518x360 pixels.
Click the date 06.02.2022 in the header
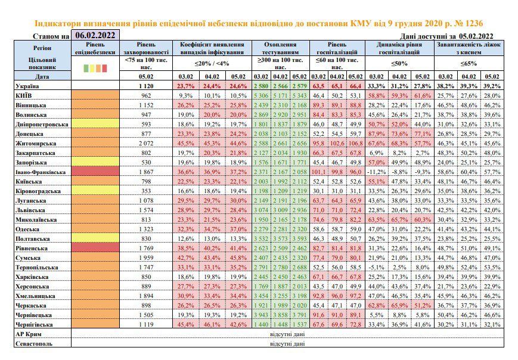(x=95, y=35)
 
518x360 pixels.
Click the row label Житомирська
(x=36, y=144)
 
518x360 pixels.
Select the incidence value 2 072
(x=146, y=144)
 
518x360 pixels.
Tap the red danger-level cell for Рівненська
(x=95, y=247)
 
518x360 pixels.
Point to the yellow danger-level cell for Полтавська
(x=95, y=238)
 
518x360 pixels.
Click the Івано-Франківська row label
(x=41, y=172)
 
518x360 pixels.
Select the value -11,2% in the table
(x=376, y=172)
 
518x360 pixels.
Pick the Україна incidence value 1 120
(x=146, y=86)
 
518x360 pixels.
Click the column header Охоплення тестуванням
(x=281, y=48)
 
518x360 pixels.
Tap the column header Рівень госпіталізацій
(x=337, y=48)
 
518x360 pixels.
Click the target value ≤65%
(x=469, y=63)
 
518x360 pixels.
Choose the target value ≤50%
(x=399, y=63)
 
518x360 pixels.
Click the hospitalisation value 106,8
(x=355, y=144)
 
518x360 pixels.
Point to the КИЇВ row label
(x=23, y=96)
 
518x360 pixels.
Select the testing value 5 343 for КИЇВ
(x=299, y=96)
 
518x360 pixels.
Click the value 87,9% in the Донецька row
(x=376, y=134)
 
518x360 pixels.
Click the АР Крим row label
(x=29, y=334)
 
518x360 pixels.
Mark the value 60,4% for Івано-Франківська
(x=469, y=172)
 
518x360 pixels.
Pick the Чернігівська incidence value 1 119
(x=146, y=325)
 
